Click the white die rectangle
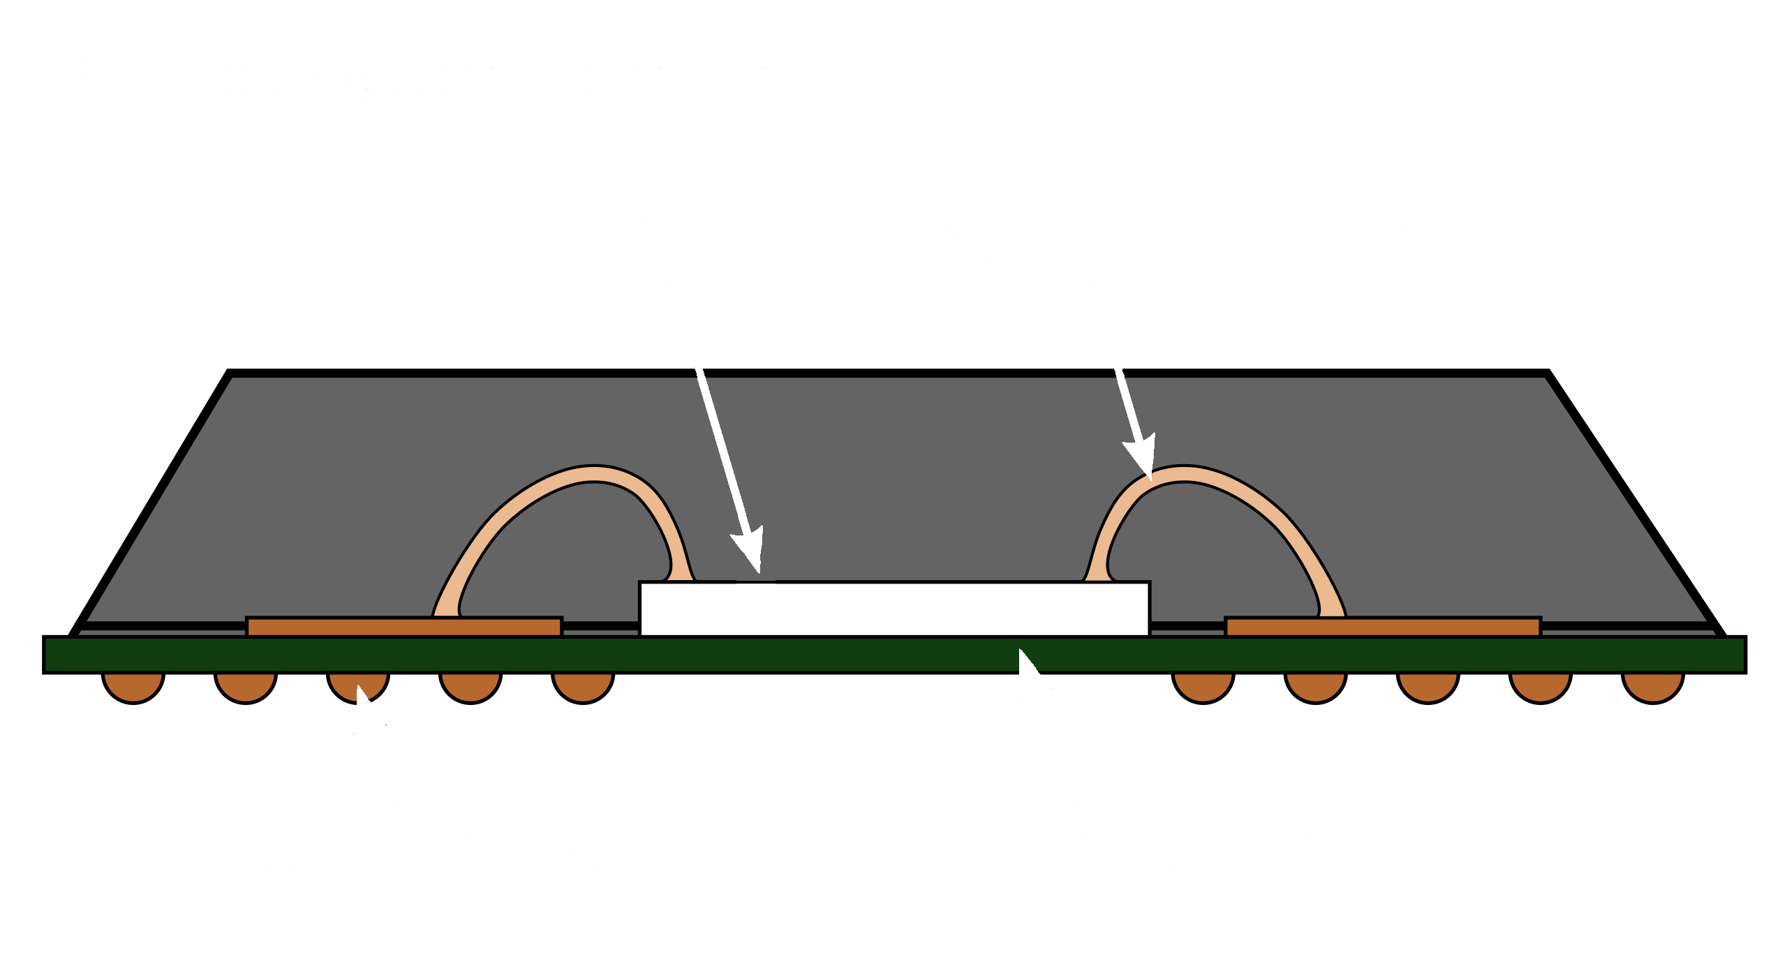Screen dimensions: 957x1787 pyautogui.click(x=894, y=609)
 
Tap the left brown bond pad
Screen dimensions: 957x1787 pyautogui.click(x=404, y=627)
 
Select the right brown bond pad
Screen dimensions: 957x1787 pyautogui.click(x=1382, y=627)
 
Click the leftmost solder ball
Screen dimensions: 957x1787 pyautogui.click(x=133, y=685)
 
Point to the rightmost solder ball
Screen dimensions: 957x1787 pyautogui.click(x=1652, y=685)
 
